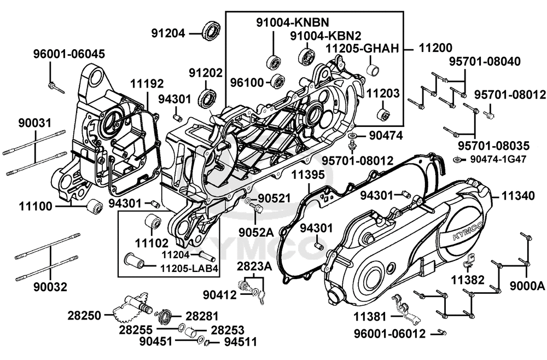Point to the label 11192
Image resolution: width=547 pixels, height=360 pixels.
[147, 84]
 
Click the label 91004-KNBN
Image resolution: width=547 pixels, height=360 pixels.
[293, 22]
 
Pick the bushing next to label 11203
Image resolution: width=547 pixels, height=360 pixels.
[383, 116]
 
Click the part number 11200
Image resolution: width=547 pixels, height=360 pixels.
[437, 48]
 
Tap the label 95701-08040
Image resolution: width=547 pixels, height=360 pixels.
[485, 61]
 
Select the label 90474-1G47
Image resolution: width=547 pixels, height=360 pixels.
[494, 159]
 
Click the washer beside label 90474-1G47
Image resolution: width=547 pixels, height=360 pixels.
[456, 159]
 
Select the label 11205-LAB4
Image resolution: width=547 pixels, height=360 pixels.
[190, 269]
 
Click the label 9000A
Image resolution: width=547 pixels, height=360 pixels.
[527, 286]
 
